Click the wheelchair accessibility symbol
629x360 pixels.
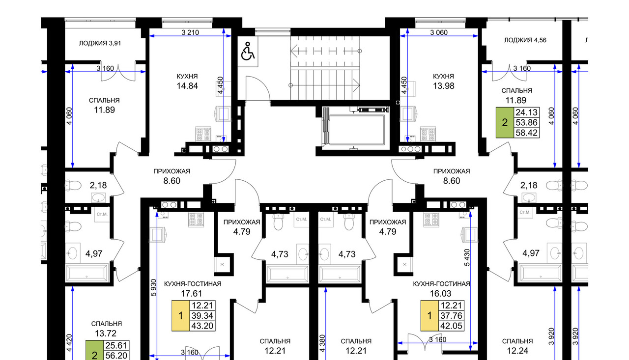(248, 51)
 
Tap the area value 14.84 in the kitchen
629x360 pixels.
(187, 86)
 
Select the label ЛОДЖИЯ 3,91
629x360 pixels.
(100, 43)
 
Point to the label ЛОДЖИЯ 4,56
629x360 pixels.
(525, 40)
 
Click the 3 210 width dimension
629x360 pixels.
(190, 32)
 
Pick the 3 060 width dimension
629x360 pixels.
(439, 32)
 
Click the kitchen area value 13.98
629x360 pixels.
(443, 86)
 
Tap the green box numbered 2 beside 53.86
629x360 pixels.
(505, 123)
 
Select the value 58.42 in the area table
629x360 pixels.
(526, 133)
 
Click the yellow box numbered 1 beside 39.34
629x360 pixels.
(180, 316)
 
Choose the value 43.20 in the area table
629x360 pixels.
(202, 326)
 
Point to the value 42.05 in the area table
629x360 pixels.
(451, 326)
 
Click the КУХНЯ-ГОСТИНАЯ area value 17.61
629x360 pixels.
(192, 294)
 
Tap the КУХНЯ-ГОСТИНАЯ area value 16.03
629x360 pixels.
(441, 294)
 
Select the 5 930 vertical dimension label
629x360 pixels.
(153, 288)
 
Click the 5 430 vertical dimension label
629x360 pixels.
(467, 257)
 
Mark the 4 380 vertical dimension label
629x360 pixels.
(322, 343)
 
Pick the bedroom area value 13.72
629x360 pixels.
(106, 333)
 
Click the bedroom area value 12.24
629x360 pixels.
(517, 351)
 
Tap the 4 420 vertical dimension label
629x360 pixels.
(69, 343)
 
